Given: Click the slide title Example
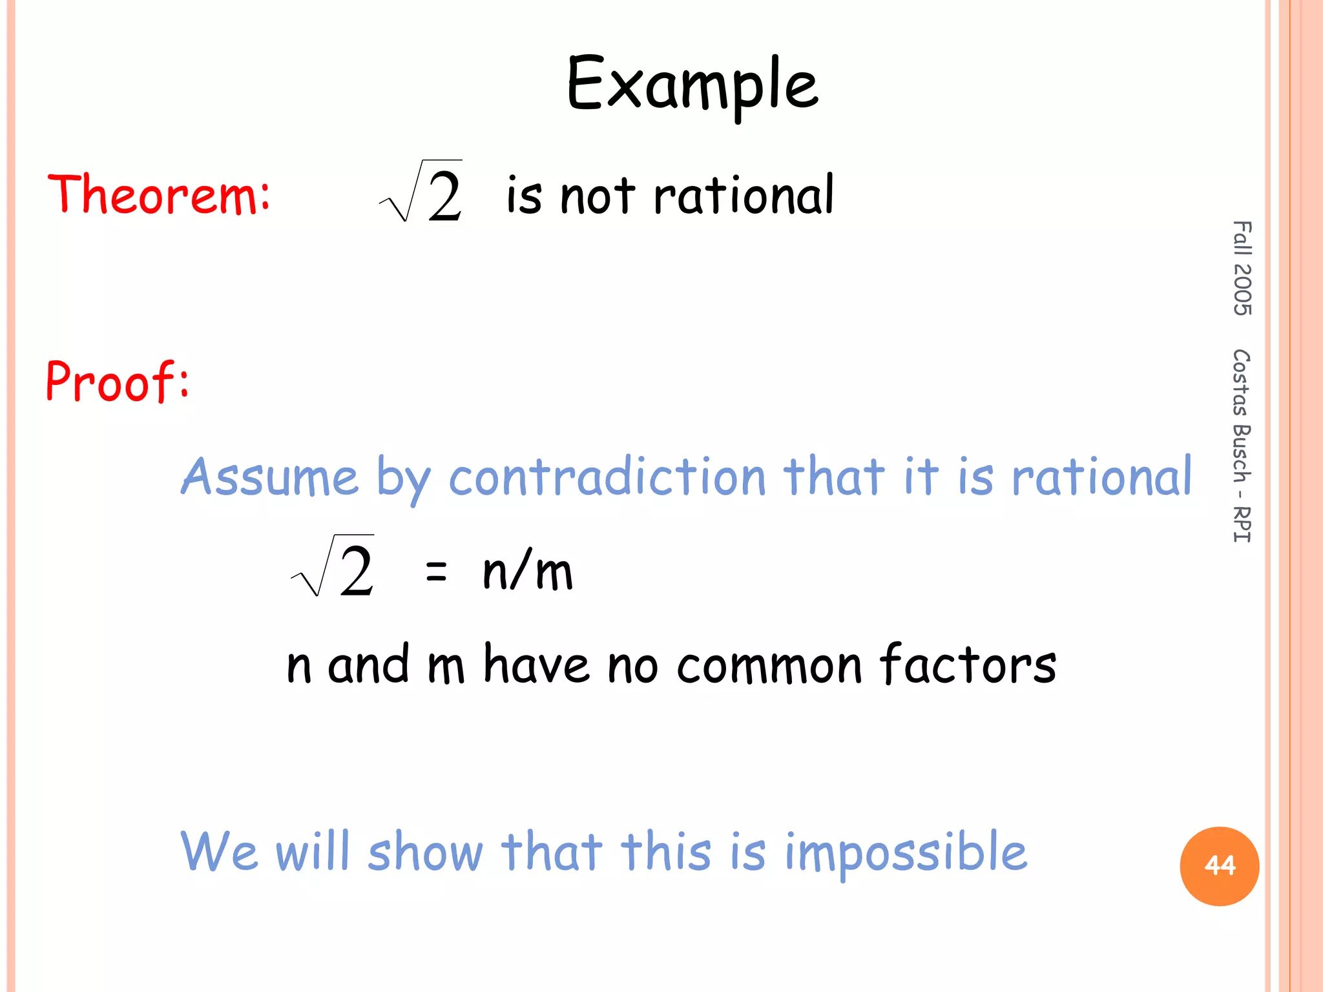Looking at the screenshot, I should (x=692, y=85).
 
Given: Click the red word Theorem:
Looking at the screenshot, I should (x=159, y=194).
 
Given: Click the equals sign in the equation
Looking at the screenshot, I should (x=436, y=571).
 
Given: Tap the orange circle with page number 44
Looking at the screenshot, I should (x=1219, y=865).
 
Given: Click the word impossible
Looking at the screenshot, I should (x=905, y=852).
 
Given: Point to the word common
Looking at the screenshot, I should (x=769, y=665).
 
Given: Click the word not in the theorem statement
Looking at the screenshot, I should (x=598, y=196).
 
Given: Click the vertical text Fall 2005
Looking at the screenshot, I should (x=1242, y=268).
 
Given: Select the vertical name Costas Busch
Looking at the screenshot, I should (x=1242, y=417).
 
